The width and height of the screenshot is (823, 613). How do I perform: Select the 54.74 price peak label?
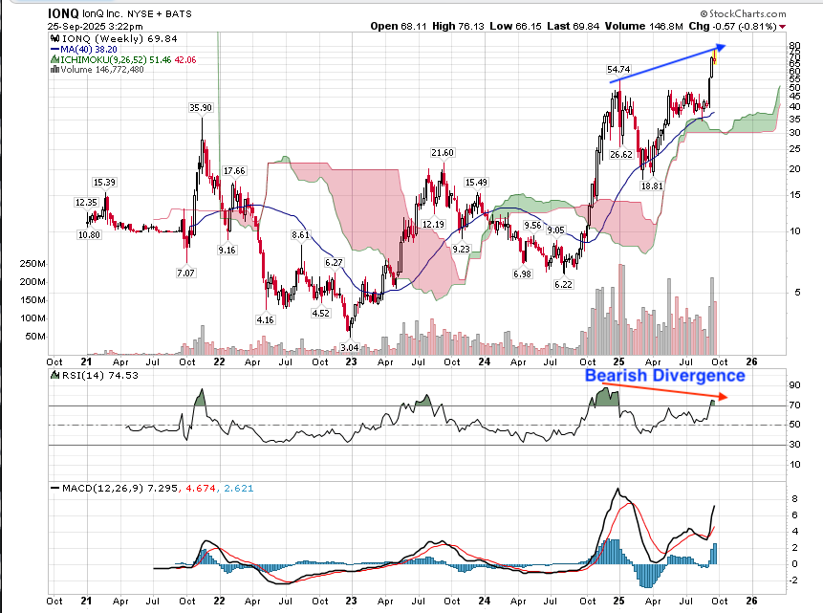(620, 70)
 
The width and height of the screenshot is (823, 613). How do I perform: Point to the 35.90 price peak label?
(200, 108)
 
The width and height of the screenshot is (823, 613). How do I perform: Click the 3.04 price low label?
(349, 347)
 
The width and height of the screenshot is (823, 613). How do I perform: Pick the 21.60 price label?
(442, 153)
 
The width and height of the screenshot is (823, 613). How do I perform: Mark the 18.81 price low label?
(652, 186)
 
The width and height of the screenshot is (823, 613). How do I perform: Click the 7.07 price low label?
(185, 273)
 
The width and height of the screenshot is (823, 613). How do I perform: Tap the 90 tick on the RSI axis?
(794, 385)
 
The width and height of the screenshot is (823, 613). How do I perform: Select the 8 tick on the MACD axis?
(793, 499)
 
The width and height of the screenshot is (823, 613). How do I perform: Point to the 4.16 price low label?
(265, 318)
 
